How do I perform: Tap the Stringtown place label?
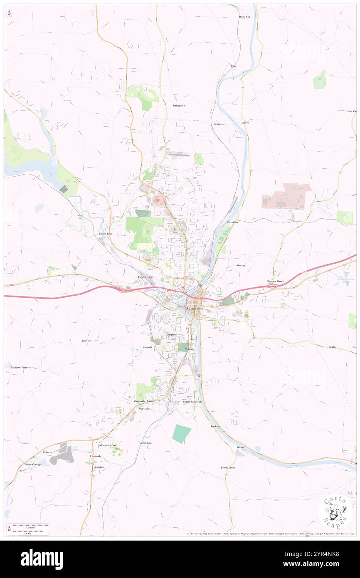(x=179, y=106)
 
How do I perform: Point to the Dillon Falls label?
(x=106, y=234)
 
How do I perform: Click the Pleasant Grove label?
(x=275, y=282)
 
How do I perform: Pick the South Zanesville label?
(x=192, y=402)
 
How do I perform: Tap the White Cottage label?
(x=32, y=464)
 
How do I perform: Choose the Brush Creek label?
(x=228, y=467)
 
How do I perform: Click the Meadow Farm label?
(x=19, y=368)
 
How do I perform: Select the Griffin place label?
(x=332, y=347)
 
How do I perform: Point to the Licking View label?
(x=145, y=277)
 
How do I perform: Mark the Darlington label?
(x=145, y=443)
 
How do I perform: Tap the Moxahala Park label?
(x=108, y=445)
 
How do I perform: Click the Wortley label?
(x=241, y=265)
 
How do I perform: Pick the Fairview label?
(x=86, y=341)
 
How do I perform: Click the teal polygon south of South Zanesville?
(x=181, y=433)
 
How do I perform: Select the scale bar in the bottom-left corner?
(x=28, y=529)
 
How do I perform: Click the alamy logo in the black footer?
(x=42, y=559)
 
